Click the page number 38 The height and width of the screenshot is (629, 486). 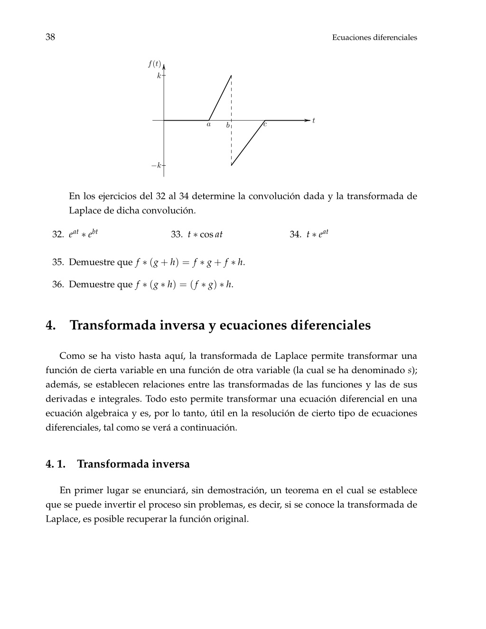pyautogui.click(x=50, y=37)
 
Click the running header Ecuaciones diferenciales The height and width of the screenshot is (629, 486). pyautogui.click(x=374, y=38)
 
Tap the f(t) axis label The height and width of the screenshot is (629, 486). pyautogui.click(x=154, y=64)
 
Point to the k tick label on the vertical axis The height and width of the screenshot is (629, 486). pyautogui.click(x=159, y=76)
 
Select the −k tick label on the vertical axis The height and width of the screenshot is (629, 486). pyautogui.click(x=156, y=166)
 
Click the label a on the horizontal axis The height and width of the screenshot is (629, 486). pyautogui.click(x=208, y=125)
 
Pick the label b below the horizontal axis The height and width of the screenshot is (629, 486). pyautogui.click(x=228, y=126)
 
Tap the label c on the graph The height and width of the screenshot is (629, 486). pyautogui.click(x=265, y=125)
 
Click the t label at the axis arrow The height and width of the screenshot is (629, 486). pyautogui.click(x=313, y=121)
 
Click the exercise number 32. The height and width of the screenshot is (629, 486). pyautogui.click(x=58, y=235)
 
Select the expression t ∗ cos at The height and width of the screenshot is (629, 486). pyautogui.click(x=205, y=235)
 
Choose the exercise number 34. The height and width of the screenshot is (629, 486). pyautogui.click(x=295, y=235)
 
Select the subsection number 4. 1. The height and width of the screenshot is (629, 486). pyautogui.click(x=56, y=464)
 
